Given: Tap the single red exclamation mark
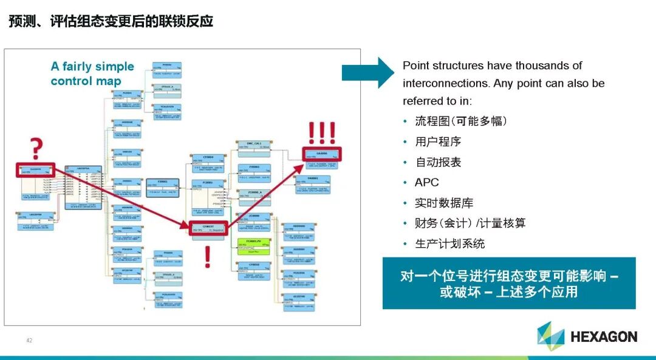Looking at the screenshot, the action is coord(207,257).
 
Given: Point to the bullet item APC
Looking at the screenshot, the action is coord(426,182).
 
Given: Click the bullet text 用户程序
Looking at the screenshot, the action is coord(438,141).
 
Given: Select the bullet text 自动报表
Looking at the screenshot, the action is coord(438,162).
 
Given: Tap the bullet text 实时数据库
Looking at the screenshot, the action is coord(444,203).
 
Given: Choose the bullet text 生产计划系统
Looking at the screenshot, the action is coord(449,243).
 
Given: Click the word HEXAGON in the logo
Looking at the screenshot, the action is coord(603,337).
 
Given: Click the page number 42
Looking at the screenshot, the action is coord(29,340).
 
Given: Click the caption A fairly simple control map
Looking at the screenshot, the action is coord(92,73).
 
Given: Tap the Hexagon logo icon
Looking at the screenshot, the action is coord(550,336).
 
